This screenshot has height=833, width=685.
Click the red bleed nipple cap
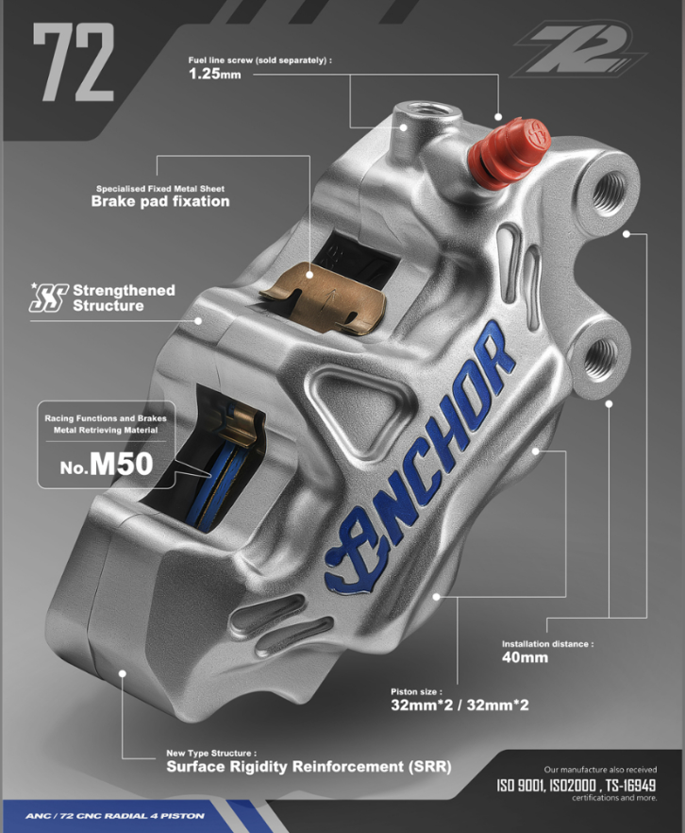(x=509, y=153)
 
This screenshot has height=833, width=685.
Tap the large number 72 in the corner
(x=74, y=62)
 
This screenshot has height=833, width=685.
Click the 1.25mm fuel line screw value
(x=215, y=74)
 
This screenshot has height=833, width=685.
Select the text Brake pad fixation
(x=160, y=201)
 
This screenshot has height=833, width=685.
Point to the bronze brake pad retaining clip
(x=324, y=297)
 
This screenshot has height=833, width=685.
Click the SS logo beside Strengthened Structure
(x=49, y=297)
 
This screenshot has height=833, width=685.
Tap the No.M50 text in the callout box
(x=107, y=465)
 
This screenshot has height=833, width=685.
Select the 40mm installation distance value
(x=525, y=657)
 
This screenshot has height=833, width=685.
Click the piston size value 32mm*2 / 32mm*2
(x=459, y=705)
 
